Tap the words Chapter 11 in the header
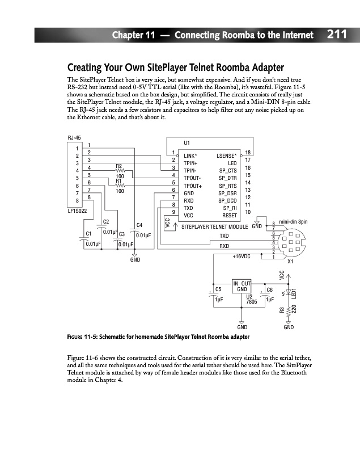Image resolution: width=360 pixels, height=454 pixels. (x=133, y=35)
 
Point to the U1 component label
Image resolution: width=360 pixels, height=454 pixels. (x=188, y=142)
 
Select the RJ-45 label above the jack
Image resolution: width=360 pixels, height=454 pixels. (x=74, y=138)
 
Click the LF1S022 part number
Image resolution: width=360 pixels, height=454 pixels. (x=78, y=211)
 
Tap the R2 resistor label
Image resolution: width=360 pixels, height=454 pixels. (x=119, y=165)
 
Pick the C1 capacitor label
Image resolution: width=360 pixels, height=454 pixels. (x=88, y=233)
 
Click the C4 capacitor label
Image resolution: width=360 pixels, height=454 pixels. (x=139, y=226)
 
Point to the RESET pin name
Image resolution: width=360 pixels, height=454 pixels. (x=230, y=216)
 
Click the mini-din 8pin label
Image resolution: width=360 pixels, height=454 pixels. (x=294, y=221)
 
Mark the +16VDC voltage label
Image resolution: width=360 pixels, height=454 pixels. (x=242, y=257)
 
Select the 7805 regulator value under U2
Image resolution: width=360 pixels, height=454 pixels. (x=252, y=302)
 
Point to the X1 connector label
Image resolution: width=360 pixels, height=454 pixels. (x=290, y=262)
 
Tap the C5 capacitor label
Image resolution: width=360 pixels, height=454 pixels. (x=218, y=289)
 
